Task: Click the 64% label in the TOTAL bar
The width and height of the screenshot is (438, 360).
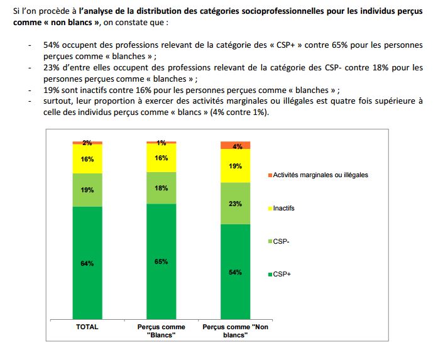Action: [87, 264]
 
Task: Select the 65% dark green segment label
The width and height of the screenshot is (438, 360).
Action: [162, 261]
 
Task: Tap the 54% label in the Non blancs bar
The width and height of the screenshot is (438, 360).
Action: [236, 273]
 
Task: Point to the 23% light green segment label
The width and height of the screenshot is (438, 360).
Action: [236, 204]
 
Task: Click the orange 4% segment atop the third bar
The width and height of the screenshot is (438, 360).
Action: [236, 146]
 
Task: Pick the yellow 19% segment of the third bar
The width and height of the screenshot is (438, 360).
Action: [236, 166]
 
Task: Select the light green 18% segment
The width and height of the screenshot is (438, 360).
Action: [162, 187]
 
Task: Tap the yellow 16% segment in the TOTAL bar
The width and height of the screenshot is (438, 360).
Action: [87, 159]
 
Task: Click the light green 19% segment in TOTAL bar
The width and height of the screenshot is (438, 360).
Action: [87, 189]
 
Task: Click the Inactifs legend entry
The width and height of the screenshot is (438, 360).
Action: [283, 208]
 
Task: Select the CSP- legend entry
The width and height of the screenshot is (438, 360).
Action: [280, 241]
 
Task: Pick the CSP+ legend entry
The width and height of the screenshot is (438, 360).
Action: [280, 274]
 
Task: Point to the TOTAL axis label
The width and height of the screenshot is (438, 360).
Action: [87, 327]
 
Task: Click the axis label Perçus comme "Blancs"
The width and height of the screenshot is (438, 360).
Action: [162, 331]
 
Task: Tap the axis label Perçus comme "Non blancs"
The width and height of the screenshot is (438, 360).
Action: [236, 331]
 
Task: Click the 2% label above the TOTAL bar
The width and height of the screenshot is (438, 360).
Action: [87, 143]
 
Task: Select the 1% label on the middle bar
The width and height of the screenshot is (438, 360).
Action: [162, 143]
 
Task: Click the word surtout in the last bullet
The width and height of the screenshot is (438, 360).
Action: [57, 101]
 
